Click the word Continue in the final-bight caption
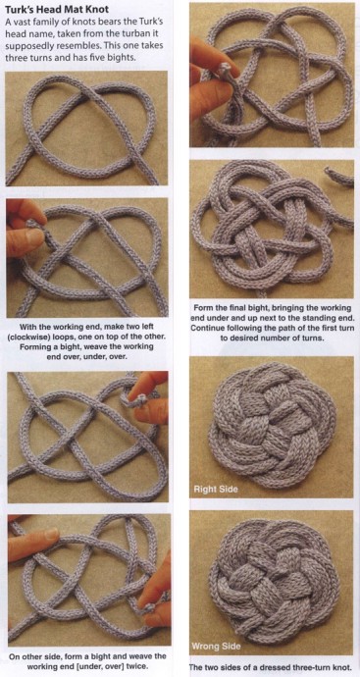tap(207, 329)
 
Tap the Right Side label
tap(216, 490)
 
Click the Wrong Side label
tap(217, 647)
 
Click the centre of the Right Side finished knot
tap(272, 425)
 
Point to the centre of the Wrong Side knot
tap(275, 581)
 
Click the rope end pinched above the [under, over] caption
tap(148, 608)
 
